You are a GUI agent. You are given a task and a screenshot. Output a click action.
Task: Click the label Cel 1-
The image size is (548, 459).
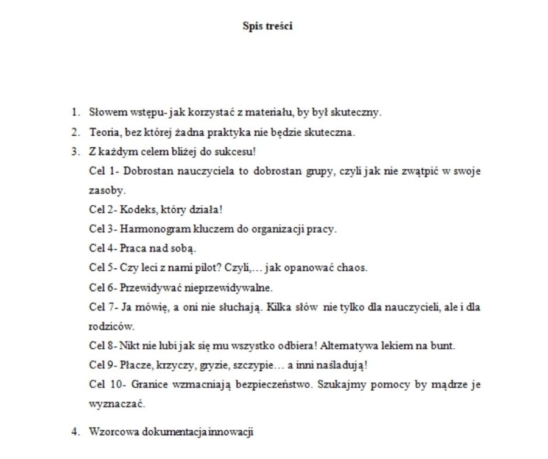pos(102,171)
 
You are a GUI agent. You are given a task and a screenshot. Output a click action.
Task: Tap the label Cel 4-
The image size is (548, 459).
pos(102,248)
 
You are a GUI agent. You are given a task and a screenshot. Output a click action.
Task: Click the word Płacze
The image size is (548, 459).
pos(137,365)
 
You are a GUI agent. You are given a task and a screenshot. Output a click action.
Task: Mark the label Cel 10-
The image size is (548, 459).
pos(105,385)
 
